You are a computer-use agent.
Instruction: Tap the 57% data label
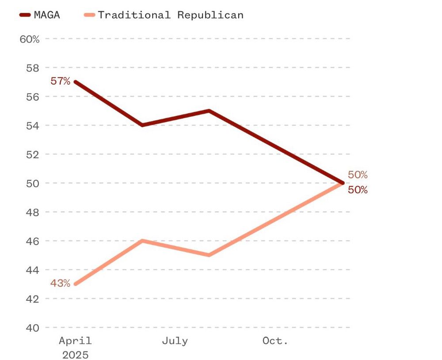point(60,81)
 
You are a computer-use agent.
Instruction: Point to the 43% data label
point(60,283)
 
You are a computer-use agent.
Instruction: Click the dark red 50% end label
point(358,190)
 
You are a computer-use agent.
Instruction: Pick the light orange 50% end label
point(358,174)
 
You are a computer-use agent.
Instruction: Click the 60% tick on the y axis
point(30,39)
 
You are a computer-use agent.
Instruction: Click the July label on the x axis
point(175,341)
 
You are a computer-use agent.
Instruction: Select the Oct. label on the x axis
point(275,341)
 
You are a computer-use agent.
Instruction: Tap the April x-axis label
point(75,341)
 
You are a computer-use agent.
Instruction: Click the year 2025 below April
point(75,355)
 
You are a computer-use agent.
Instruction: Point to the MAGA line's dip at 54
point(142,125)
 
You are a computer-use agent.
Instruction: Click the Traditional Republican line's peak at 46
point(142,241)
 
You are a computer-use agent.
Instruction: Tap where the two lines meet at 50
point(343,183)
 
